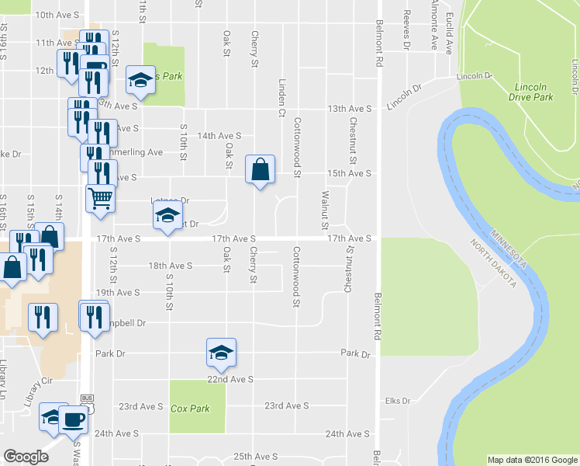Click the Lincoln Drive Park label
pyautogui.click(x=531, y=92)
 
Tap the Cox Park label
pyautogui.click(x=191, y=409)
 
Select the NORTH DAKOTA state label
pyautogui.click(x=493, y=263)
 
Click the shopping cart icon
pyautogui.click(x=100, y=199)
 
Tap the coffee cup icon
pyautogui.click(x=74, y=420)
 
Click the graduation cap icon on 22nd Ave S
pyautogui.click(x=221, y=353)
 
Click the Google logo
pyautogui.click(x=26, y=457)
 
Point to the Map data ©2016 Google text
pyautogui.click(x=532, y=460)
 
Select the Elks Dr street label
pyautogui.click(x=396, y=401)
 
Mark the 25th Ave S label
pyautogui.click(x=255, y=457)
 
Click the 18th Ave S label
pyautogui.click(x=170, y=266)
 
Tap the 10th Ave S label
pyautogui.click(x=57, y=15)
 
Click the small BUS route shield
pyautogui.click(x=86, y=398)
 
